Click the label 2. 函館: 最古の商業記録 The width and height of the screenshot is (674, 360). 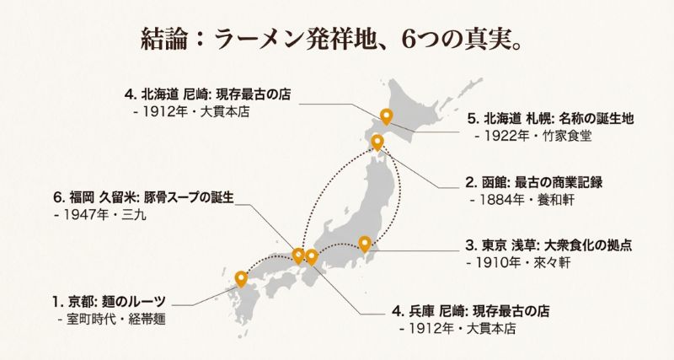tap(533, 182)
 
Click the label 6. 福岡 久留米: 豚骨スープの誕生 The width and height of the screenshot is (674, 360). tap(143, 197)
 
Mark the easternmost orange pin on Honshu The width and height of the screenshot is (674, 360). tap(365, 244)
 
